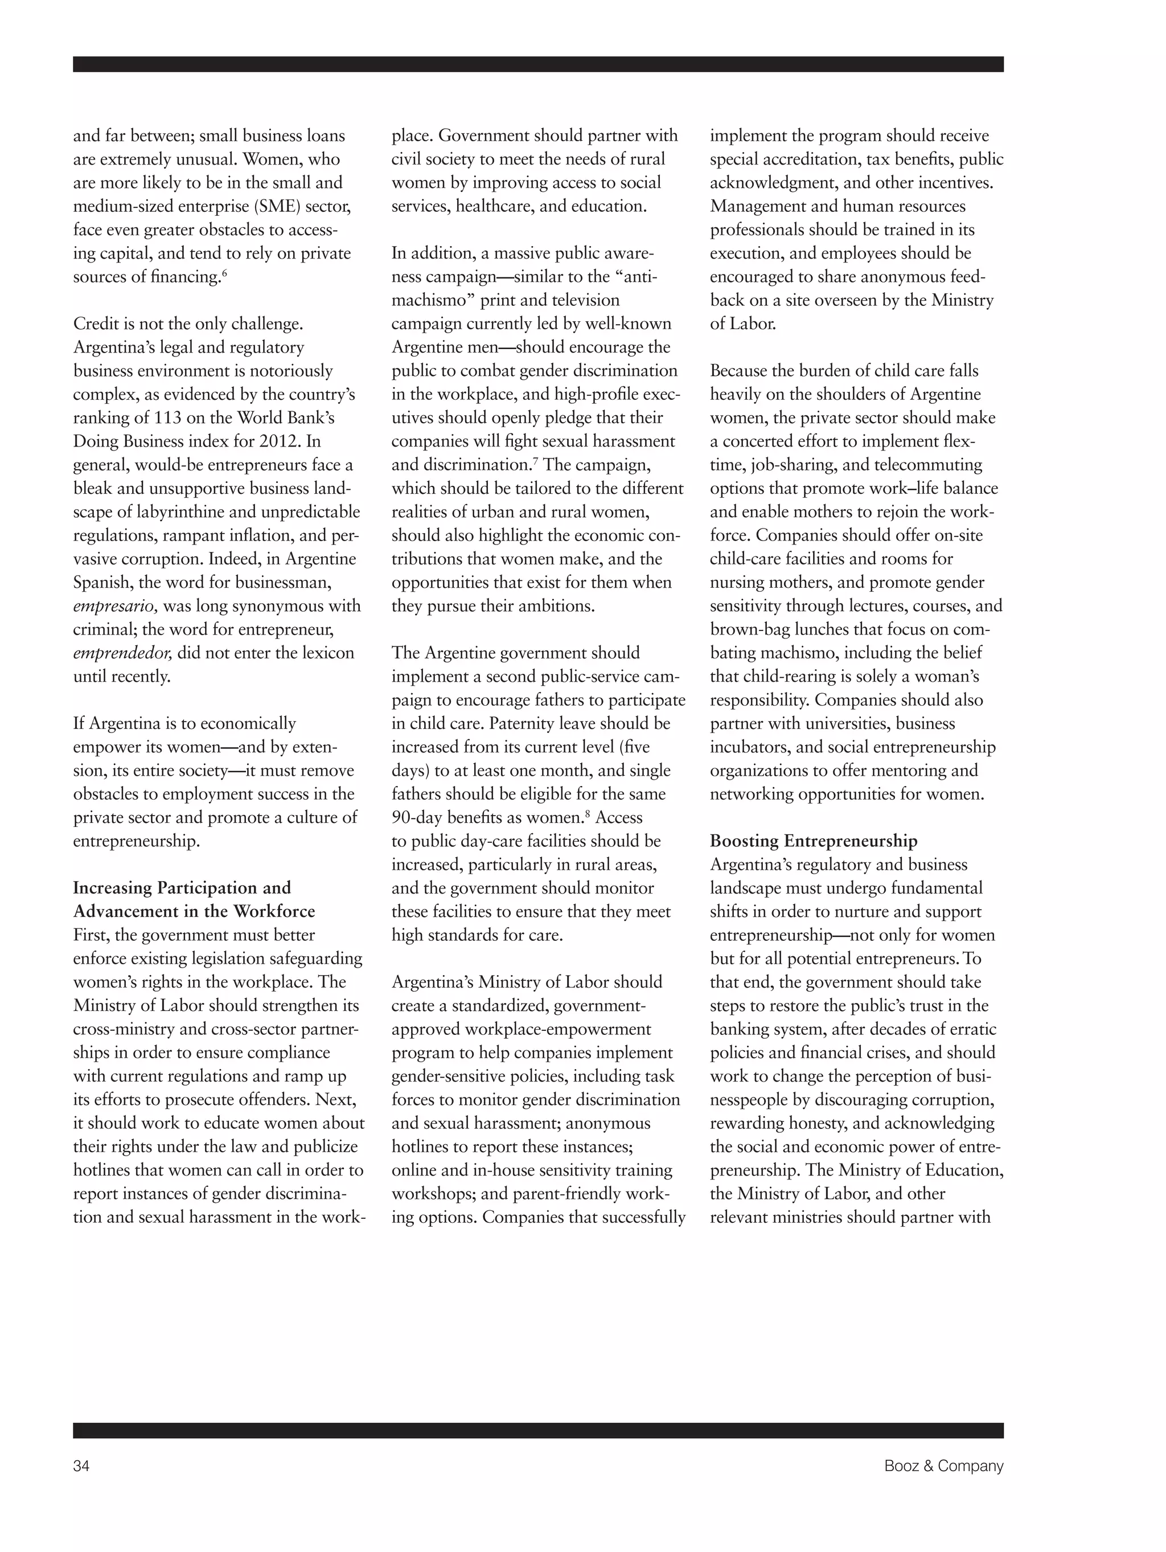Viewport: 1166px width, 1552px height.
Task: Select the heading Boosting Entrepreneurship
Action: [x=812, y=841]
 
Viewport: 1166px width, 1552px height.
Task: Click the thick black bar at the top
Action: [x=537, y=64]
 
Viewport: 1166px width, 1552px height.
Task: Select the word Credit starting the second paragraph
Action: [x=96, y=323]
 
